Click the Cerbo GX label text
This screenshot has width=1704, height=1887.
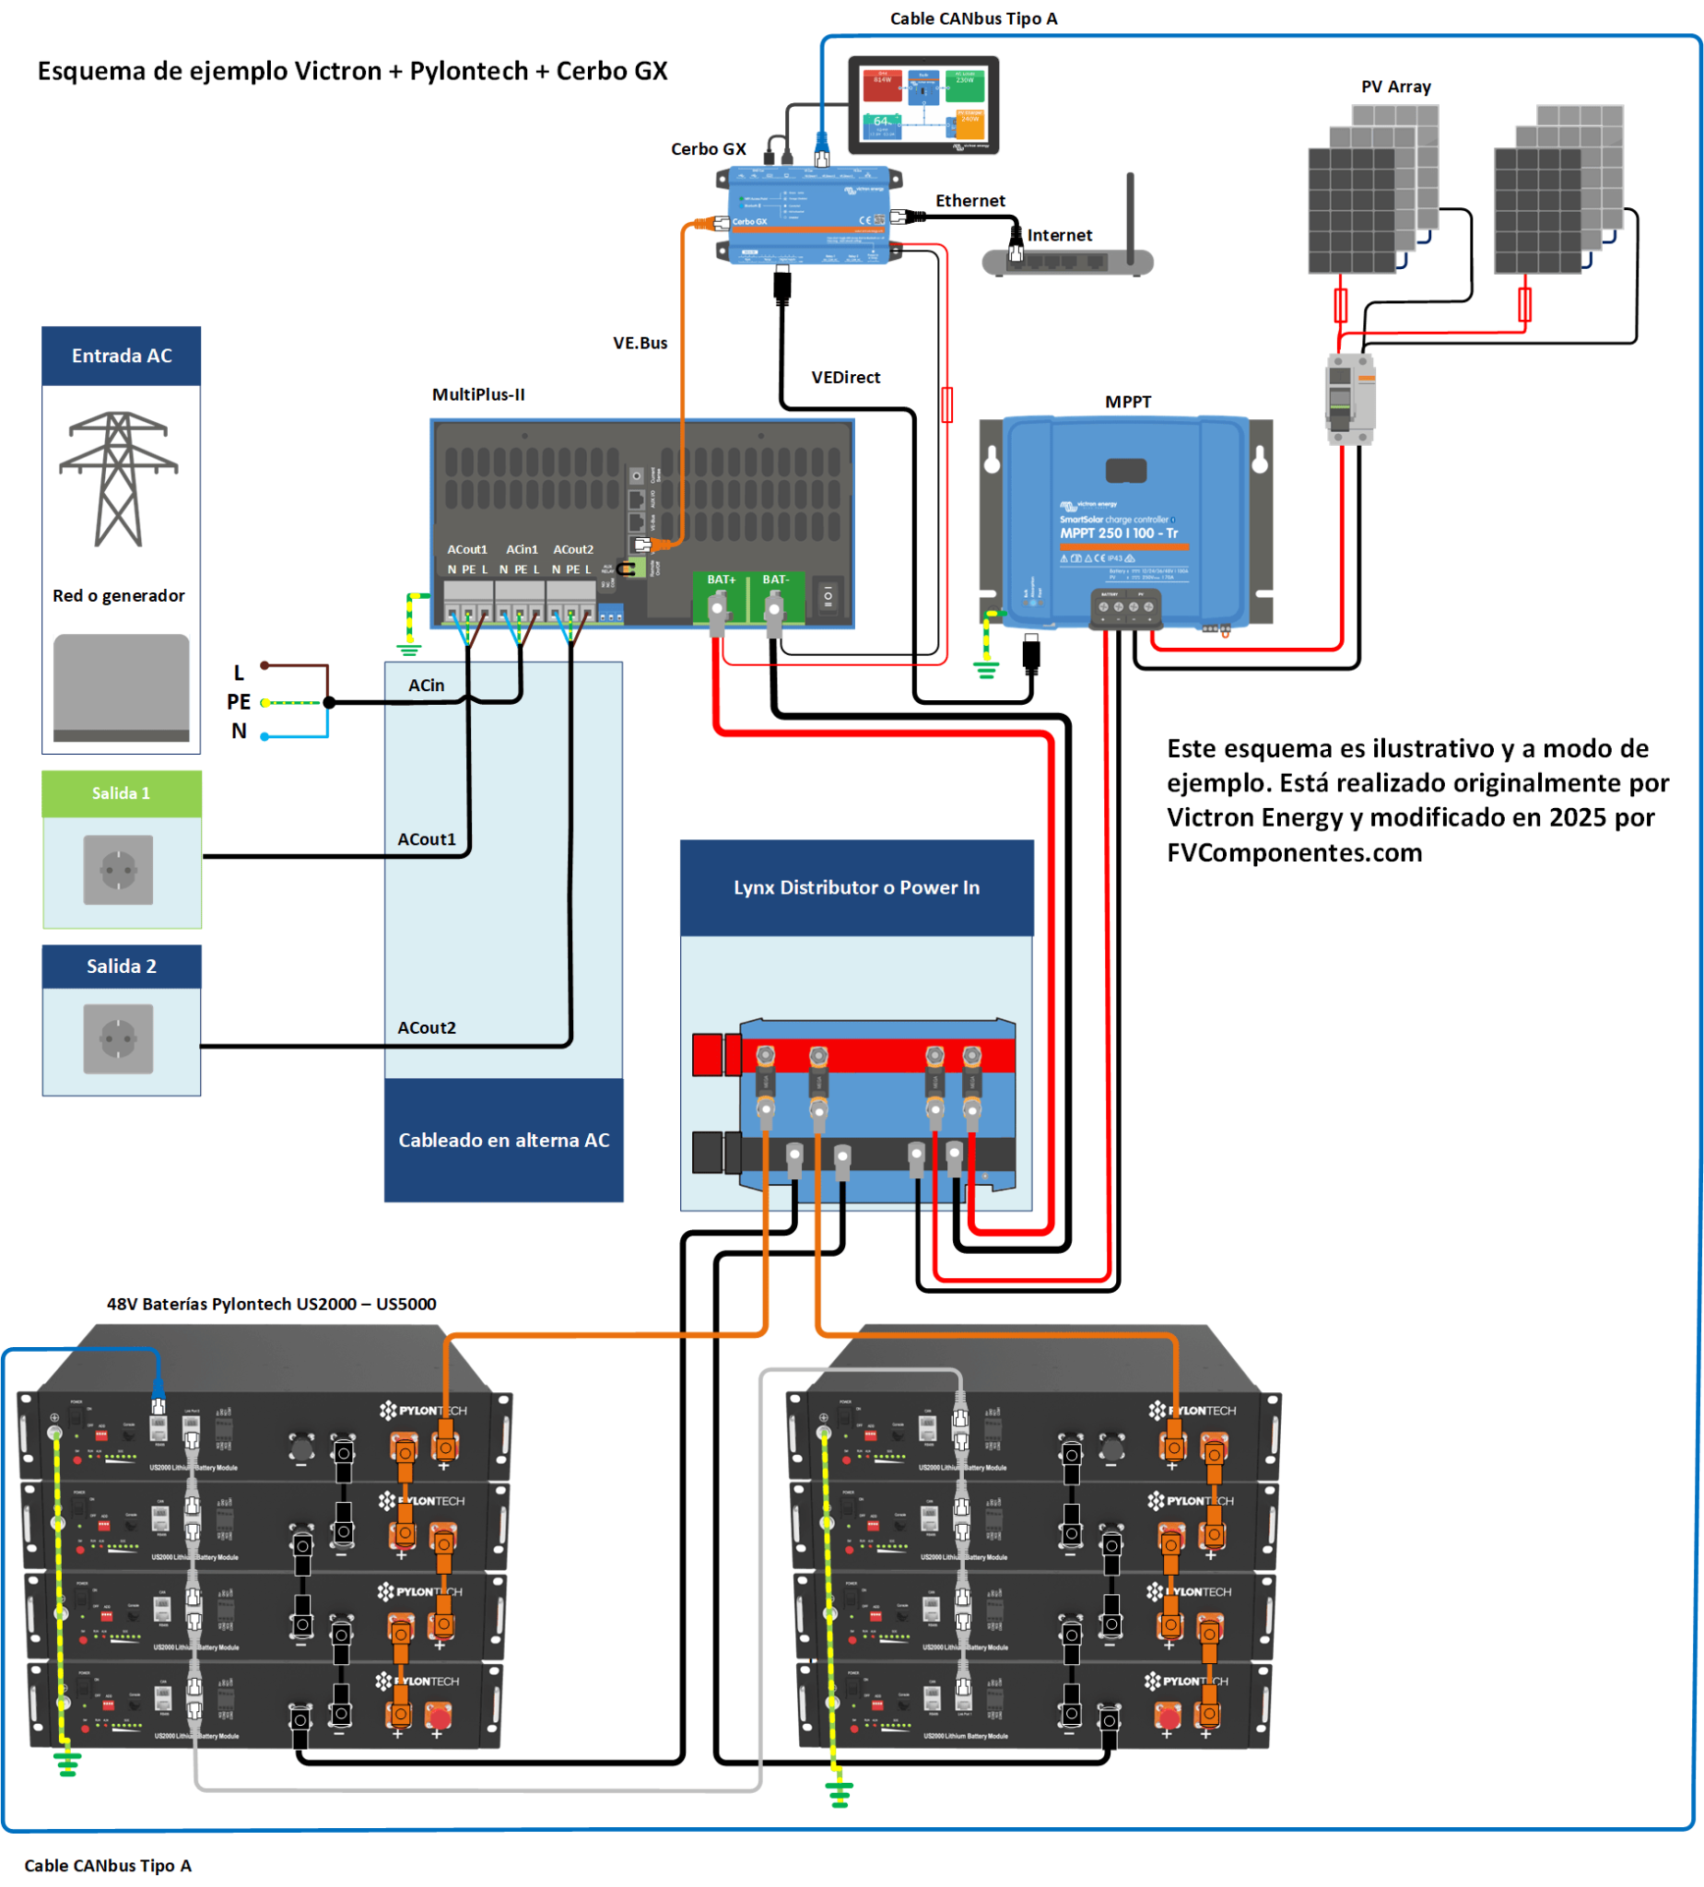pyautogui.click(x=708, y=149)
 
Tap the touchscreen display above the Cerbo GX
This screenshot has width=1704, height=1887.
pyautogui.click(x=923, y=103)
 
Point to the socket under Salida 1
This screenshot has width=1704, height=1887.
pyautogui.click(x=118, y=870)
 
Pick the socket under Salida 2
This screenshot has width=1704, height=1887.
pyautogui.click(x=118, y=1038)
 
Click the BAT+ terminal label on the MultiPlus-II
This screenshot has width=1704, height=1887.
pyautogui.click(x=721, y=580)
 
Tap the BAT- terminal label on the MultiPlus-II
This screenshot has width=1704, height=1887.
pyautogui.click(x=775, y=580)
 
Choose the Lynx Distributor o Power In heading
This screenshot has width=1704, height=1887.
pyautogui.click(x=856, y=887)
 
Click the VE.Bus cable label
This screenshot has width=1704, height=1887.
pyautogui.click(x=640, y=343)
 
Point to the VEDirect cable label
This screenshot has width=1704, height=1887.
pyautogui.click(x=844, y=377)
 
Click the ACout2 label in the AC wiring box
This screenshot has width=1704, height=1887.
pyautogui.click(x=426, y=1027)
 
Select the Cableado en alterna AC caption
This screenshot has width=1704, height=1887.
pyautogui.click(x=503, y=1140)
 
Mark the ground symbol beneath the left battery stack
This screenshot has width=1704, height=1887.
pyautogui.click(x=66, y=1765)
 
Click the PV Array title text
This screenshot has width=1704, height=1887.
pyautogui.click(x=1395, y=87)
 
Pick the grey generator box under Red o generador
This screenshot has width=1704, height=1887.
pyautogui.click(x=121, y=688)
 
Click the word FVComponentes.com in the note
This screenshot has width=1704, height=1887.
pyautogui.click(x=1294, y=852)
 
